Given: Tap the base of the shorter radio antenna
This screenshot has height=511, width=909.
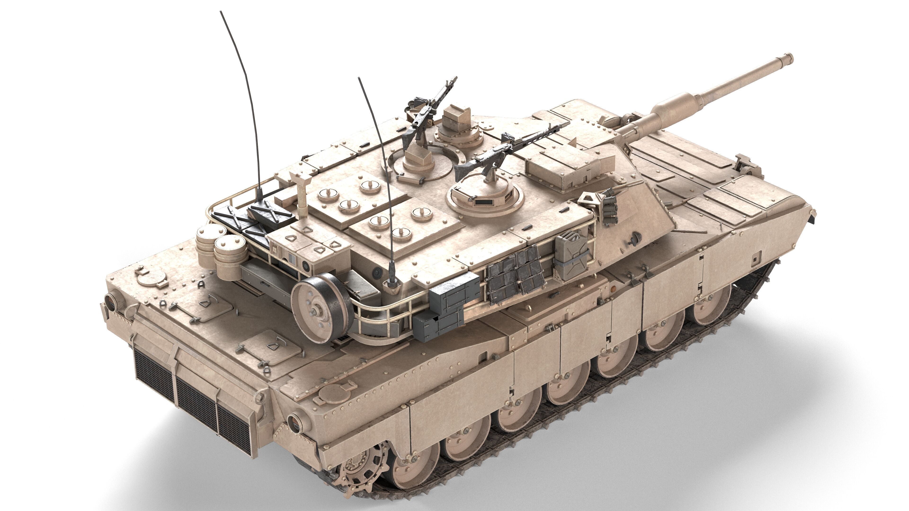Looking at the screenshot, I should [392, 282].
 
